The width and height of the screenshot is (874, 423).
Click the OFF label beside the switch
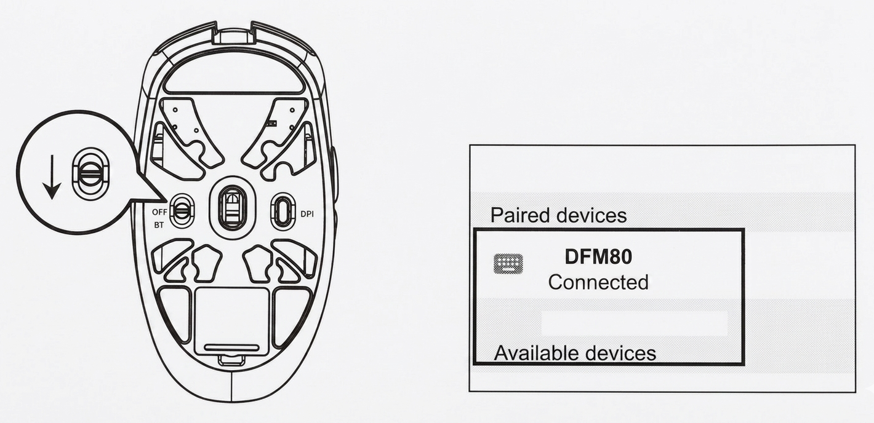[159, 212]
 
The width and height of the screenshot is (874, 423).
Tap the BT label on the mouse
[159, 226]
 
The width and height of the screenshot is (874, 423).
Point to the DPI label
[307, 214]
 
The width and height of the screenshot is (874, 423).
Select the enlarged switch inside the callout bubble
[90, 172]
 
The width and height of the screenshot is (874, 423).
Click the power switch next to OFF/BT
[181, 211]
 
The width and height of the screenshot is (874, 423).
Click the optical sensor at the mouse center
[232, 207]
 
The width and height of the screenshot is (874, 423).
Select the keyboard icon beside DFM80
[508, 264]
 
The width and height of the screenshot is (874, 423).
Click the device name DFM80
[598, 257]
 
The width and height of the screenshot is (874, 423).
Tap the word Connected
[598, 282]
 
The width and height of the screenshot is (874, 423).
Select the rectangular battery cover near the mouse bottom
[232, 322]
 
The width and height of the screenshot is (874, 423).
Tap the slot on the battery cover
[232, 347]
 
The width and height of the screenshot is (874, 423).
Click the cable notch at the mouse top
[232, 36]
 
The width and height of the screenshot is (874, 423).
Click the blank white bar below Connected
[635, 323]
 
